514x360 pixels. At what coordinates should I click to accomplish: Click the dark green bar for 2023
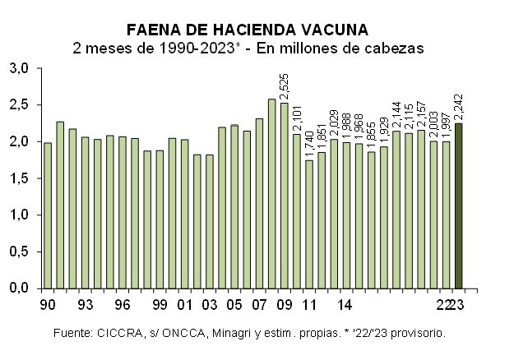click(459, 205)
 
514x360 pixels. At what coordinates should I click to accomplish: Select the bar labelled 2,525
click(285, 196)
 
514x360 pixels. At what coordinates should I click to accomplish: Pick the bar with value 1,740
click(309, 224)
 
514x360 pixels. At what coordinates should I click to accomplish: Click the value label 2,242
click(459, 103)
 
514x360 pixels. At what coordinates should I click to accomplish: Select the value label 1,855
click(372, 133)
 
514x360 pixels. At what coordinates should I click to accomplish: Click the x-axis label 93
click(85, 304)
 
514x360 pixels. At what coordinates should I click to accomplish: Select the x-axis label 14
click(346, 304)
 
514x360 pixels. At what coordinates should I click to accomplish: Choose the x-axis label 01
click(185, 304)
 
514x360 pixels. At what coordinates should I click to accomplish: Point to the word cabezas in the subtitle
click(394, 48)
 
